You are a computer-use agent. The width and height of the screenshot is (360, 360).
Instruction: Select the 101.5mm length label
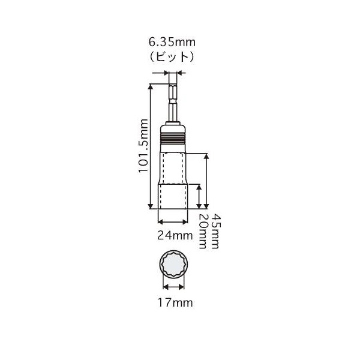point(143,145)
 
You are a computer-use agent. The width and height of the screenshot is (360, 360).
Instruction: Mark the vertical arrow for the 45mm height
point(207,180)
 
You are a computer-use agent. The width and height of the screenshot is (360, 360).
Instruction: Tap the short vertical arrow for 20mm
point(198,194)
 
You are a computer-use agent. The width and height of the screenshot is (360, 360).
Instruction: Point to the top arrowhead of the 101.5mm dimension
point(151,85)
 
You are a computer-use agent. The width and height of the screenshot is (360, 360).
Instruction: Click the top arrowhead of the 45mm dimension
point(207,155)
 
